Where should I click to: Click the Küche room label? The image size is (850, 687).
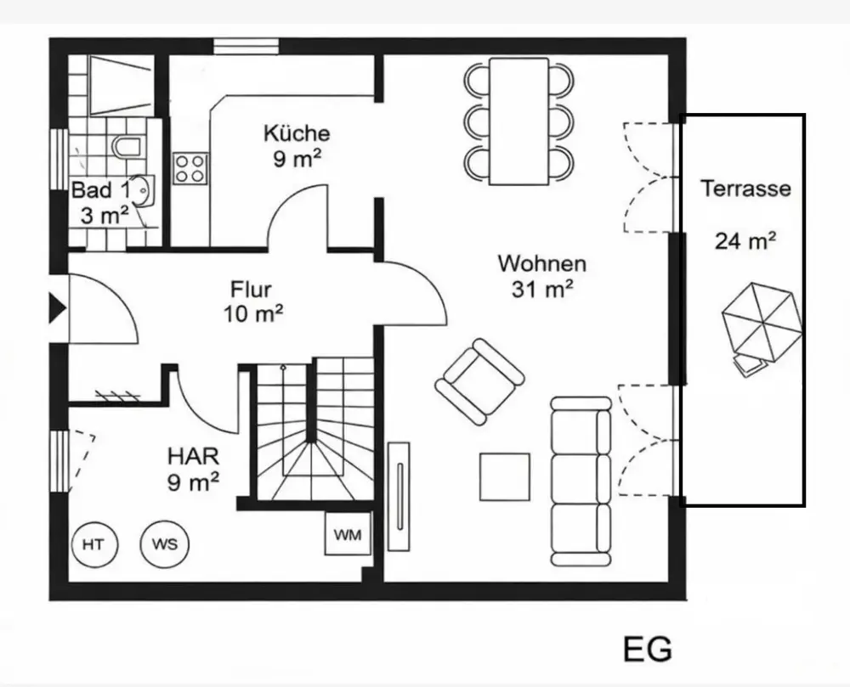pos(296,133)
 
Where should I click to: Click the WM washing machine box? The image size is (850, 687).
pos(347,535)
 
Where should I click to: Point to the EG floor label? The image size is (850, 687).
pos(647,650)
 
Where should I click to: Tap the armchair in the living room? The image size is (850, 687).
pos(479,381)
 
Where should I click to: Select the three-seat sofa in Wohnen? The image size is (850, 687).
pos(581,481)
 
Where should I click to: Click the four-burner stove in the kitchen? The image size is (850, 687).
pos(190,167)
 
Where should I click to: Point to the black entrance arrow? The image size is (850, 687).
pos(58,307)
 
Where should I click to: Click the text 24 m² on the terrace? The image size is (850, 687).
pos(745,241)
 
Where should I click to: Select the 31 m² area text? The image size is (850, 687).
pos(541,289)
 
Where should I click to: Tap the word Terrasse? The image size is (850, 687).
pos(745,189)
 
